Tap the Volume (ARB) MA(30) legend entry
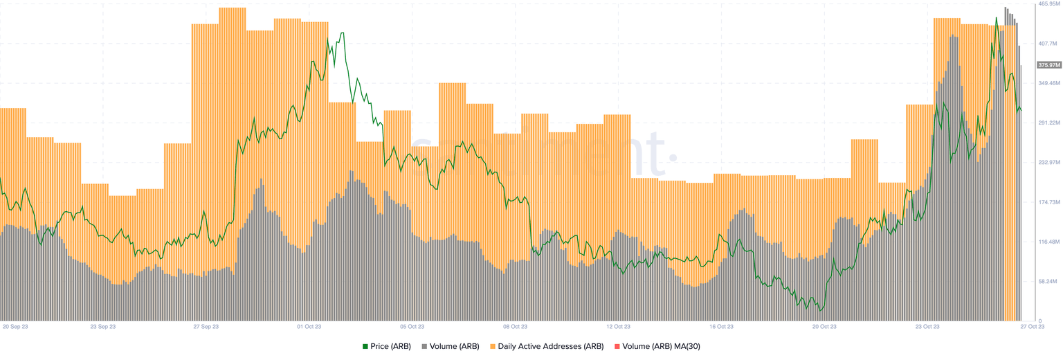pyautogui.click(x=662, y=346)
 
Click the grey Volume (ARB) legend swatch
pyautogui.click(x=424, y=346)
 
